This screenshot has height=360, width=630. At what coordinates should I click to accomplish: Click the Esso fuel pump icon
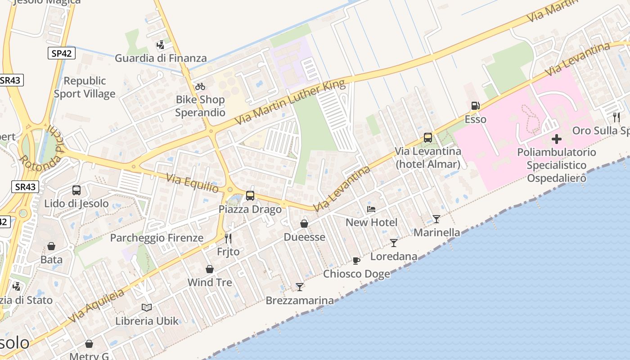pos(475,106)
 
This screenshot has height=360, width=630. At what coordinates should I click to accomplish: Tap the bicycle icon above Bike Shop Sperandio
pos(200,86)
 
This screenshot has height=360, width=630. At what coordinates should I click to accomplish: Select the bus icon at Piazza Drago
pos(250,196)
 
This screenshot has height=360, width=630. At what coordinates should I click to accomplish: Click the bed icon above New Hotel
pos(371,209)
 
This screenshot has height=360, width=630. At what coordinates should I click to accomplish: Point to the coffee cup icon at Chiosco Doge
pos(356,261)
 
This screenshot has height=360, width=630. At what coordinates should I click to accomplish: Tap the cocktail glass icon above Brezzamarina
pos(300,287)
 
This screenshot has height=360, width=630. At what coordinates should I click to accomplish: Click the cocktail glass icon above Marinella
pos(436,219)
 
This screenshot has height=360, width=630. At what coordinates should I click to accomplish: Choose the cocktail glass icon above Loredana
pos(394,243)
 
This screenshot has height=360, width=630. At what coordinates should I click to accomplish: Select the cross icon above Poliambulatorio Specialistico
pos(557,139)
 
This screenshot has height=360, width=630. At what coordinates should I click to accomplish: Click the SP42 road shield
pos(61,53)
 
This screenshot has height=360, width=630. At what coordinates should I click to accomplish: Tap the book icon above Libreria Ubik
pos(147,307)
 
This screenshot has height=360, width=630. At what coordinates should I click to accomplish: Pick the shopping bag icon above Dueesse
pos(304,224)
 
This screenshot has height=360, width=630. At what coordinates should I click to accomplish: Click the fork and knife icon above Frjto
pos(228,238)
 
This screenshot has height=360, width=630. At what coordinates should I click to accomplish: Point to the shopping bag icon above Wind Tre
pos(210,269)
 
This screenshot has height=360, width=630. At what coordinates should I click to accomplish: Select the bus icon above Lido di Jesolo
pos(76,190)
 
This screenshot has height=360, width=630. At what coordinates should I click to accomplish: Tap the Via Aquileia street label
pos(96,306)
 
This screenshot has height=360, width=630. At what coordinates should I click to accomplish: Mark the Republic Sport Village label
pos(85,87)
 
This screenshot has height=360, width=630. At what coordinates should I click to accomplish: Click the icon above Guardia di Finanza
pos(160,45)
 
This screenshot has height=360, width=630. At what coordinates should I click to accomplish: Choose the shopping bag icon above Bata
pos(51,246)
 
